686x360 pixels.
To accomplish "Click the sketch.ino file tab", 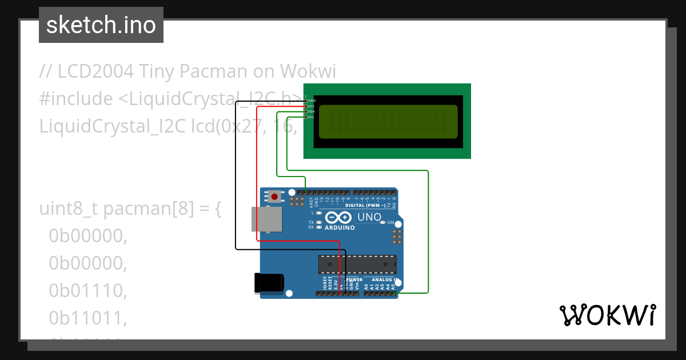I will coord(101,25).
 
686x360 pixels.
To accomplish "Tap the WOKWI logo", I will coord(607,315).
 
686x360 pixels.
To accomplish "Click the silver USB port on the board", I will coord(267,219).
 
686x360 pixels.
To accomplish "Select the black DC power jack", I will coord(269,283).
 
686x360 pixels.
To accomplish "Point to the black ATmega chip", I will coord(357,265).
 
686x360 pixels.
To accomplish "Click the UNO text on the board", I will coord(369,217).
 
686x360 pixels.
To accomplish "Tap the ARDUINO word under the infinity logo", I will coord(340,227).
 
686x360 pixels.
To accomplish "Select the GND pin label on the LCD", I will coord(312,101).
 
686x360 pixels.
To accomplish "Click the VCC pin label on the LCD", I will coord(312,106).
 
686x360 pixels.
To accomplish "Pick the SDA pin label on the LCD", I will coord(312,111).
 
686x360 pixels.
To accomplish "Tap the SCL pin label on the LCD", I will coord(312,117).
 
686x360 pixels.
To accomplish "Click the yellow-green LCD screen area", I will coord(388,122).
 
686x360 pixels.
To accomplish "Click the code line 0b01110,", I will coord(87,291).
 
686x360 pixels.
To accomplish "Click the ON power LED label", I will coord(391,222).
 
